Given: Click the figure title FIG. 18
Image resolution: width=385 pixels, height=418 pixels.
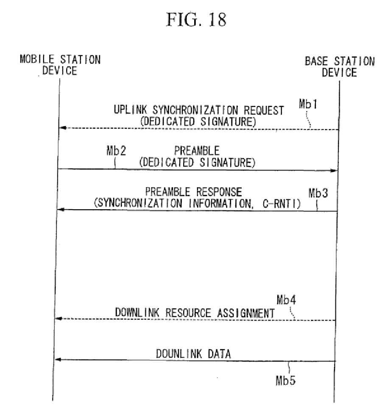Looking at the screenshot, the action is click(196, 20).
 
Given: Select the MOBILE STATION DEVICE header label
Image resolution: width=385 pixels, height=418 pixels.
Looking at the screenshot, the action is click(60, 65).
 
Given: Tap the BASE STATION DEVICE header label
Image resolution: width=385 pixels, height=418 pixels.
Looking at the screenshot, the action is click(340, 67).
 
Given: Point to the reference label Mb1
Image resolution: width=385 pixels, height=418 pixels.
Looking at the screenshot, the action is click(308, 104).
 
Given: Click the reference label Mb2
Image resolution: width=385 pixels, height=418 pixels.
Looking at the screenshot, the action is click(116, 151).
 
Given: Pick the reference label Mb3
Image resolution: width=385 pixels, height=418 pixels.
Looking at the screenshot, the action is click(318, 193).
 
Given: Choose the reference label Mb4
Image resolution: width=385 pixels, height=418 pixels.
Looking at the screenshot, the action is click(286, 300).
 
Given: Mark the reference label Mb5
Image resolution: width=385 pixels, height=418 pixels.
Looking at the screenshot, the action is click(286, 380).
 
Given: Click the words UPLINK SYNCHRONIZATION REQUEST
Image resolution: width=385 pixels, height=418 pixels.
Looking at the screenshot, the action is click(199, 110).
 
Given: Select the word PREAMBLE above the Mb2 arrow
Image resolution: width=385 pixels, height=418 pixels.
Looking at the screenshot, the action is click(197, 151).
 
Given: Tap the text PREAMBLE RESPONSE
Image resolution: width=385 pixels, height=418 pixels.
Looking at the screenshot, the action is click(193, 192).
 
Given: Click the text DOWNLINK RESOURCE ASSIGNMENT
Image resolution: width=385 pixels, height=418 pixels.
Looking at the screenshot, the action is click(195, 313).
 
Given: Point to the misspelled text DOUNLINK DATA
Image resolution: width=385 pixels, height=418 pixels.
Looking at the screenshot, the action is click(193, 354).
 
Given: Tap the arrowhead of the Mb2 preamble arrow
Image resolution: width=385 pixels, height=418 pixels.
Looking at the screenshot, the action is click(334, 170).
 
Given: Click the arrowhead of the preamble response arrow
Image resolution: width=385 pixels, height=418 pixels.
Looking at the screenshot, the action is click(61, 210).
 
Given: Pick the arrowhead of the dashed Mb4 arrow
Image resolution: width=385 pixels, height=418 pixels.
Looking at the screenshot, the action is click(59, 319).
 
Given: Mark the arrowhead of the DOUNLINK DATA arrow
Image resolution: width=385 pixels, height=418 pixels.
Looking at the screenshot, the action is click(59, 359).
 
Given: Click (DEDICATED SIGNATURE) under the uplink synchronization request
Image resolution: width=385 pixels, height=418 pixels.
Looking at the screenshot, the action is click(198, 121).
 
